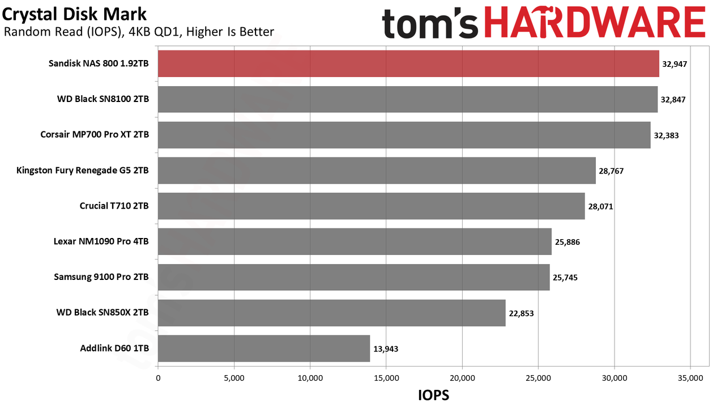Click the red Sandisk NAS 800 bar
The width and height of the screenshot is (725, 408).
[x=408, y=63]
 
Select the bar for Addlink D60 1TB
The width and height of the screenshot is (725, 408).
[x=264, y=348]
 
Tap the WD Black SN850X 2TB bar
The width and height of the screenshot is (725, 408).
[x=332, y=313]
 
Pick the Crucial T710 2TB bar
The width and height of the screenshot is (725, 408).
[x=371, y=206]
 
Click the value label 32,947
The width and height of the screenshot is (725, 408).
[x=675, y=64]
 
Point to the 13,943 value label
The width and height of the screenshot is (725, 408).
[x=386, y=349]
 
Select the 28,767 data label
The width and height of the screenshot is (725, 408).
[x=611, y=171]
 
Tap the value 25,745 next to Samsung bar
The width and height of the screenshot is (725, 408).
[x=565, y=278]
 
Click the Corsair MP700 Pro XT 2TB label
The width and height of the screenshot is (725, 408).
[x=95, y=134]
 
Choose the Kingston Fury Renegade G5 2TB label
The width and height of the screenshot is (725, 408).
[x=83, y=171]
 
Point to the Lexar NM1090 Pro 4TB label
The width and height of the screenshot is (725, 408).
[x=101, y=241]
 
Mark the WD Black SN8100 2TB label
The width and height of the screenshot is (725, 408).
[x=103, y=99]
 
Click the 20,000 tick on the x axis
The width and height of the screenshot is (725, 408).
[x=462, y=378]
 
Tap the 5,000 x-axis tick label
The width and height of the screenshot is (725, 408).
[x=234, y=378]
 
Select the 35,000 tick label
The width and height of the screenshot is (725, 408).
[x=690, y=378]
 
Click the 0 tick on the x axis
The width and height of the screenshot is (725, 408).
[x=158, y=378]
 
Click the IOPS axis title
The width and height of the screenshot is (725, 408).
[x=434, y=396]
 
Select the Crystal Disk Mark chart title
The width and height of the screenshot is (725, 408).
[x=74, y=14]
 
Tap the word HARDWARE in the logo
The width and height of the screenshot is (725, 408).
[x=595, y=23]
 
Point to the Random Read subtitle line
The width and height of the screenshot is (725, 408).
[x=139, y=32]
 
